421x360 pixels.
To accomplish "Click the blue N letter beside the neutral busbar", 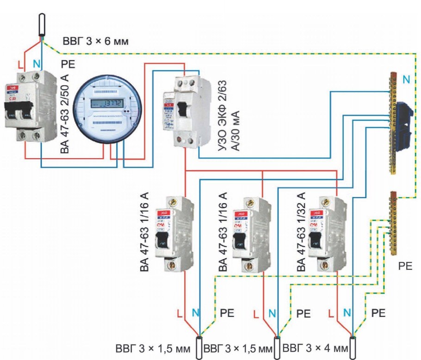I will coord(405,80).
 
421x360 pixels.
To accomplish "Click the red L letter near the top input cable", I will coord(19,64).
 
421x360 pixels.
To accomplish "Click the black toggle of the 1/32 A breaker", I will coord(317,240).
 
